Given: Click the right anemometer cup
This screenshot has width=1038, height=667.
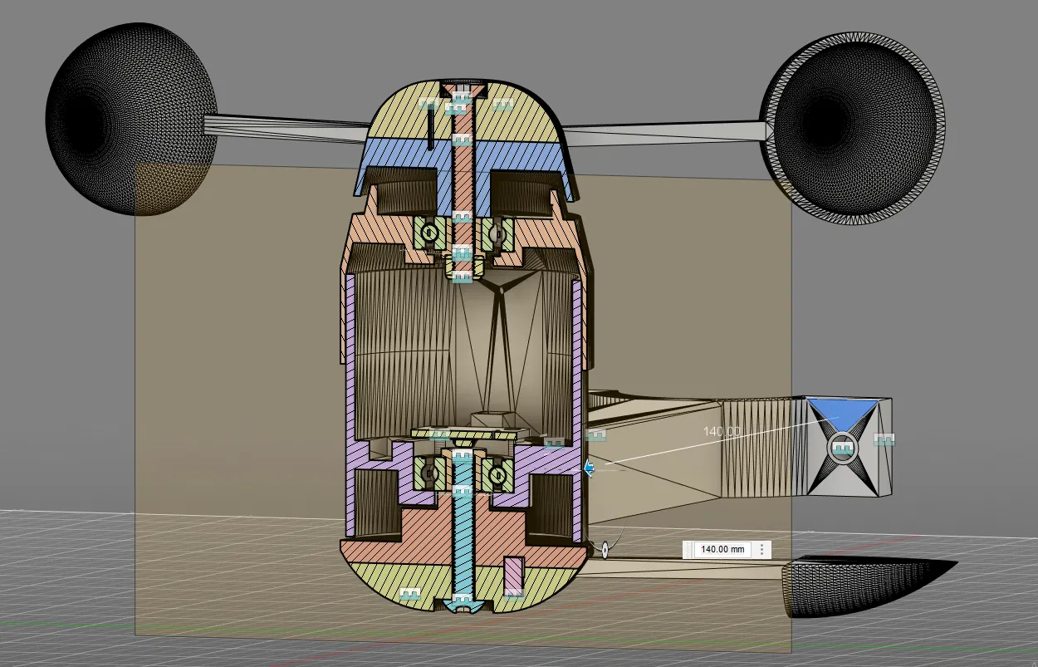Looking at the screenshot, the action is coord(853,128).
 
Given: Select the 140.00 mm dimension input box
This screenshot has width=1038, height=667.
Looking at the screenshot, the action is coord(722,549).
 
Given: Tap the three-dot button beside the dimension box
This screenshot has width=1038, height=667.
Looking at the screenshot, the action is coord(761,549).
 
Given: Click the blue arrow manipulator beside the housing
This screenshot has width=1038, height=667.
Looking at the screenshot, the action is coord(589,468).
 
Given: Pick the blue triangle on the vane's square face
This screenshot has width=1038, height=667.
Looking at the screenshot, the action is coord(843,413).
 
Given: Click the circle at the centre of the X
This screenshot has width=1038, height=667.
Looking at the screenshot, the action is coord(843,448).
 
